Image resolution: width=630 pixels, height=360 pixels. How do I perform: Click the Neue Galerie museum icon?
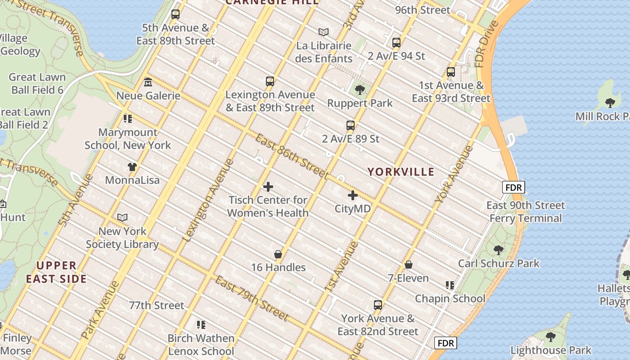click(148, 82)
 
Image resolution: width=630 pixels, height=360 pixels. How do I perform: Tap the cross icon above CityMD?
click(353, 195)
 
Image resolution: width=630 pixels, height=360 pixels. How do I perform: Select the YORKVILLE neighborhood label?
click(401, 172)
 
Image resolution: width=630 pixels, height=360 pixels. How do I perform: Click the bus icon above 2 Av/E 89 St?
click(351, 126)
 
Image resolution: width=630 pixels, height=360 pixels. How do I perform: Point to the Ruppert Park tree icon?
click(360, 90)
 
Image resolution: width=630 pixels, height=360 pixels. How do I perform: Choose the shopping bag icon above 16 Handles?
click(278, 254)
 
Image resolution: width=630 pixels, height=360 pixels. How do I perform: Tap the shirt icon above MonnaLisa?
click(132, 167)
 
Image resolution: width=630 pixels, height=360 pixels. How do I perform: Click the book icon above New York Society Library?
click(122, 218)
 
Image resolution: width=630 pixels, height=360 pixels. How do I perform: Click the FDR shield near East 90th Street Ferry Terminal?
click(513, 188)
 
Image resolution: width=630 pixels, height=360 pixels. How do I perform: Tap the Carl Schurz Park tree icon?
click(498, 250)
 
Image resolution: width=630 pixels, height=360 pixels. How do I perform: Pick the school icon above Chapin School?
click(450, 285)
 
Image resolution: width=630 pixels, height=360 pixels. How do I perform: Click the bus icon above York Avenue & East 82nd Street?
click(378, 305)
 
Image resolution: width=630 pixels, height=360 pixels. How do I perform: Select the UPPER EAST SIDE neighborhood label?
click(56, 272)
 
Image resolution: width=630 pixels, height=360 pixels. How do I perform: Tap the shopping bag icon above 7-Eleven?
click(409, 265)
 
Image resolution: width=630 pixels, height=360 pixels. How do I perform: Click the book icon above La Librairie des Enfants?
click(324, 32)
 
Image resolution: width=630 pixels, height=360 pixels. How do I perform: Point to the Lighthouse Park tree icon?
click(550, 337)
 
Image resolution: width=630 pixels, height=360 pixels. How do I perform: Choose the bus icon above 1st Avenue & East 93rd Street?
click(451, 72)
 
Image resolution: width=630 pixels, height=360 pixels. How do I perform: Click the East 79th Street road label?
click(252, 299)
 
